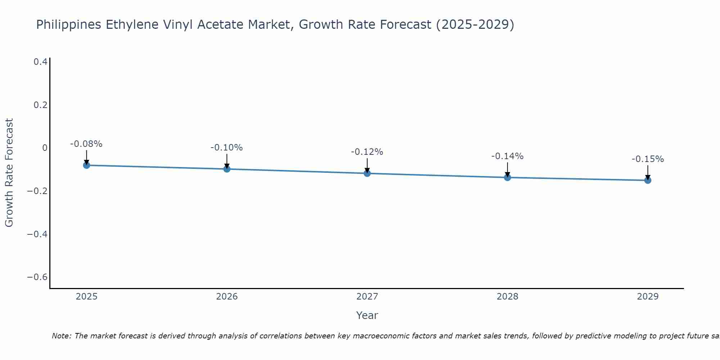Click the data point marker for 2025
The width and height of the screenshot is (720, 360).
click(86, 165)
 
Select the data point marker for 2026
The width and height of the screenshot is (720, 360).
click(227, 169)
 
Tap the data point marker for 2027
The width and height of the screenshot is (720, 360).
click(367, 174)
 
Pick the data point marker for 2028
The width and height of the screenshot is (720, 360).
click(508, 177)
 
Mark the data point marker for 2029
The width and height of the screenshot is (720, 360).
click(648, 180)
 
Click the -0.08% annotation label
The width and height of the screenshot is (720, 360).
click(86, 144)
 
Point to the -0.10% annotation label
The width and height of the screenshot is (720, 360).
click(227, 148)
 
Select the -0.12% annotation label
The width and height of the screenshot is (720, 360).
click(367, 152)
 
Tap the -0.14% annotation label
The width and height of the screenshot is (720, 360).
click(508, 156)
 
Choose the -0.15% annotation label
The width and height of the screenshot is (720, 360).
click(648, 159)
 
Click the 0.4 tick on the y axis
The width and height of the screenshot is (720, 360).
click(40, 62)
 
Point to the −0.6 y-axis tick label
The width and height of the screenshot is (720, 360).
click(37, 277)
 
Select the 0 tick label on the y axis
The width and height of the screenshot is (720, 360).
click(45, 148)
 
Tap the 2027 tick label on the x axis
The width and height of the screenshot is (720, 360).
click(367, 297)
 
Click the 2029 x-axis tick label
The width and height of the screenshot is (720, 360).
click(648, 297)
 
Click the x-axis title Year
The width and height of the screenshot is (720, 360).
click(367, 315)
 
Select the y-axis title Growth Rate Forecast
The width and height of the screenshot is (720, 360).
click(9, 173)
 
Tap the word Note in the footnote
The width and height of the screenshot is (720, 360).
click(61, 336)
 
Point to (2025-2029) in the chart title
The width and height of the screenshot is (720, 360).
click(475, 25)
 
